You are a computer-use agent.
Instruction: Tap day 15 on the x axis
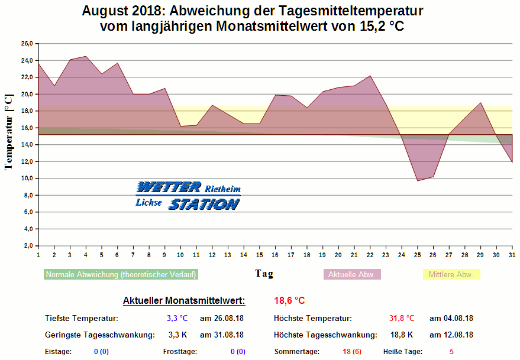pos(259,254)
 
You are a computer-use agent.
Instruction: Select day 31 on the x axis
pos(512,254)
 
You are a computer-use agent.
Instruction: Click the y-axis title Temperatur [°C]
pos(9,132)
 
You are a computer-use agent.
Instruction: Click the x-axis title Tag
pos(264,274)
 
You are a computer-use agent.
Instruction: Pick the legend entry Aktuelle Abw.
pos(352,275)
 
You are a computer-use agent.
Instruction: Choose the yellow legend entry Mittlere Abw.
pos(451,275)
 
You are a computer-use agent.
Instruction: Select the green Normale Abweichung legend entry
pos(121,275)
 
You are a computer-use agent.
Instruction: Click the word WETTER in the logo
pos(169,188)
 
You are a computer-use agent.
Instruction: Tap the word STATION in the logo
pos(204,205)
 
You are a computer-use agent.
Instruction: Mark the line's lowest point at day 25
pos(418,180)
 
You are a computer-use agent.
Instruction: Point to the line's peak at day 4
pos(86,56)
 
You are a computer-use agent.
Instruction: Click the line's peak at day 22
pos(370,76)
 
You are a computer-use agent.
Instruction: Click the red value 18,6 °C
pos(289,301)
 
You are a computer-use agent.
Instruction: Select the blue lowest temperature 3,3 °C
pos(177,318)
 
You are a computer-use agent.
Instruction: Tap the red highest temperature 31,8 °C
pos(402,318)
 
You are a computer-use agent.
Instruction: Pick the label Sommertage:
pos(296,352)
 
